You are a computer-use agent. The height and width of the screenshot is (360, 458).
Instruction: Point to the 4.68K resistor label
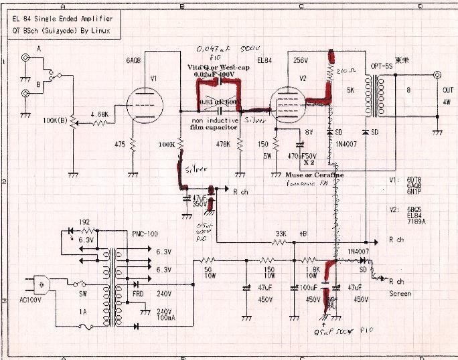98,114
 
